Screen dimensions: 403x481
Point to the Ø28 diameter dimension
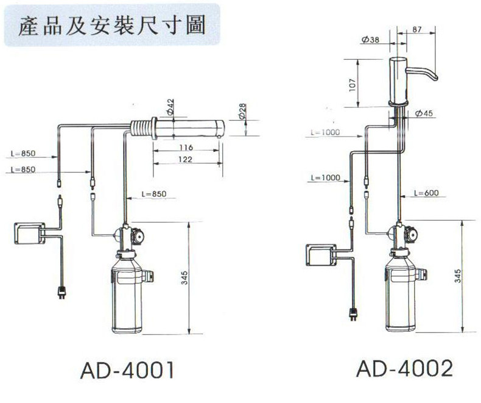pos(242,111)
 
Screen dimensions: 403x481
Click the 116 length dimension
pos(186,148)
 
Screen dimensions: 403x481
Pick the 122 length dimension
pos(186,160)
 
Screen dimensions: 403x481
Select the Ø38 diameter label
pos(370,40)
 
